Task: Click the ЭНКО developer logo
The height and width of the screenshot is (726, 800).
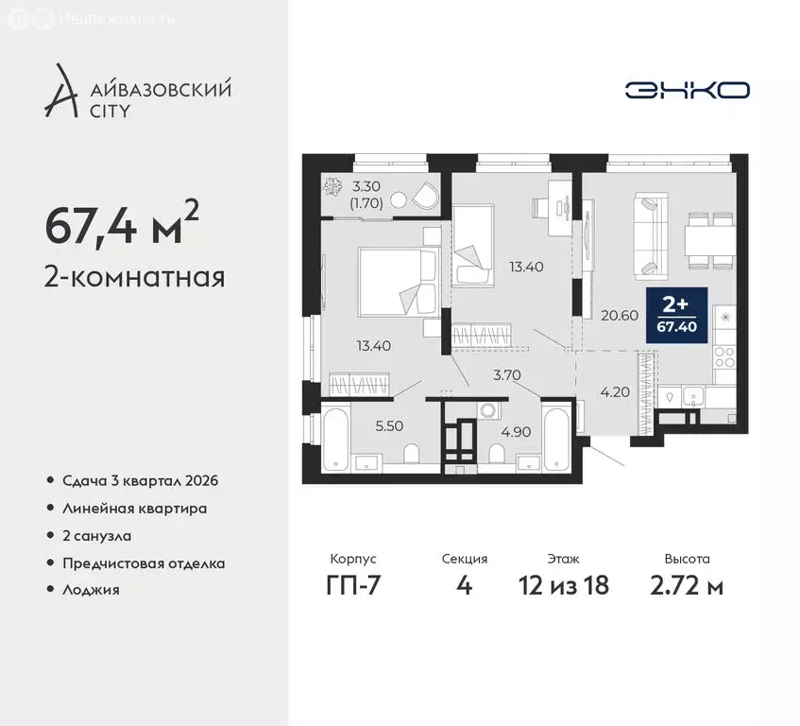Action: (x=687, y=90)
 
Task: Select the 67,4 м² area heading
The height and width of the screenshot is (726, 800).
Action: (x=122, y=226)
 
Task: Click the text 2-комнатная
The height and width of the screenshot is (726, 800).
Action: (x=134, y=278)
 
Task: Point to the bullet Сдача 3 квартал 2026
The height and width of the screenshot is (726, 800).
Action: (x=140, y=480)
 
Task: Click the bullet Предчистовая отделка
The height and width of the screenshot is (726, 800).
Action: (x=144, y=562)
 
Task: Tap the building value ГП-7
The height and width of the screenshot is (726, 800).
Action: (x=354, y=585)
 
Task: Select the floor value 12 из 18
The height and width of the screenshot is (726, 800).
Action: (x=564, y=585)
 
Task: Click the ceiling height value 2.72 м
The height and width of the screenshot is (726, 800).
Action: (x=687, y=585)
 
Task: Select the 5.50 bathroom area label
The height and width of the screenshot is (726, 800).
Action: (x=389, y=426)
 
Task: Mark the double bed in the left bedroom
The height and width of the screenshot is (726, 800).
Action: (x=396, y=281)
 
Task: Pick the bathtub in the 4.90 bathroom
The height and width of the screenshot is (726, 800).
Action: (x=555, y=438)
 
